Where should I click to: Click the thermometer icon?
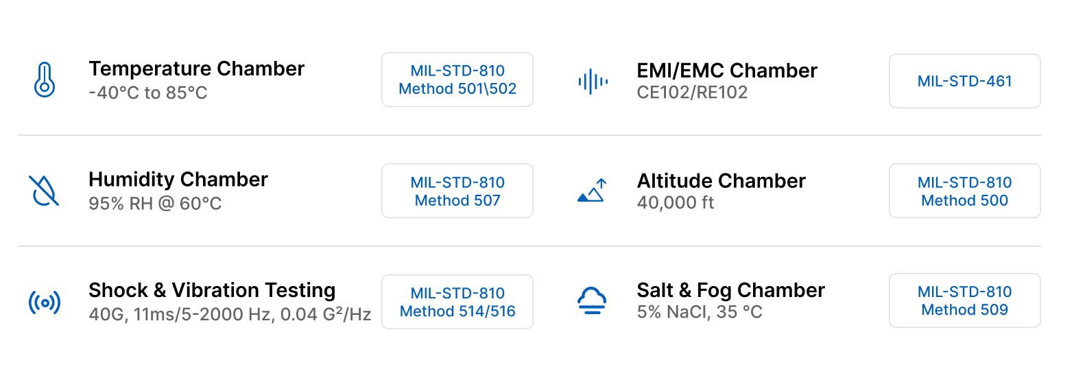[45, 80]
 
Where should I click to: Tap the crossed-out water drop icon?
[45, 191]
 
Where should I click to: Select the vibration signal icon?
[45, 302]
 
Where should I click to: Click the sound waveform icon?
[592, 81]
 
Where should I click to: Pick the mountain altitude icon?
[592, 191]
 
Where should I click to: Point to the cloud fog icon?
[592, 300]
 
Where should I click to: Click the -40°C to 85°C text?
[148, 93]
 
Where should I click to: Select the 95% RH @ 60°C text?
[155, 204]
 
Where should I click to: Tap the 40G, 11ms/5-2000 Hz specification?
[230, 314]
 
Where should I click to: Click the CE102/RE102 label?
[692, 93]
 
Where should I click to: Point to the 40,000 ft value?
[676, 203]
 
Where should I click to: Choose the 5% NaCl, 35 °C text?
[700, 313]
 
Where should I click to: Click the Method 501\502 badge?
[457, 80]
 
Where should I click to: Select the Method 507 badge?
[457, 191]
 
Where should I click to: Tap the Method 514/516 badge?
[457, 302]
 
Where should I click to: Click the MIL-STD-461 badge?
[964, 81]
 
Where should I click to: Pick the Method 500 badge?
[964, 191]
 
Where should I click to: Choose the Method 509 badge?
[964, 300]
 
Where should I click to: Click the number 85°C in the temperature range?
[186, 93]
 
